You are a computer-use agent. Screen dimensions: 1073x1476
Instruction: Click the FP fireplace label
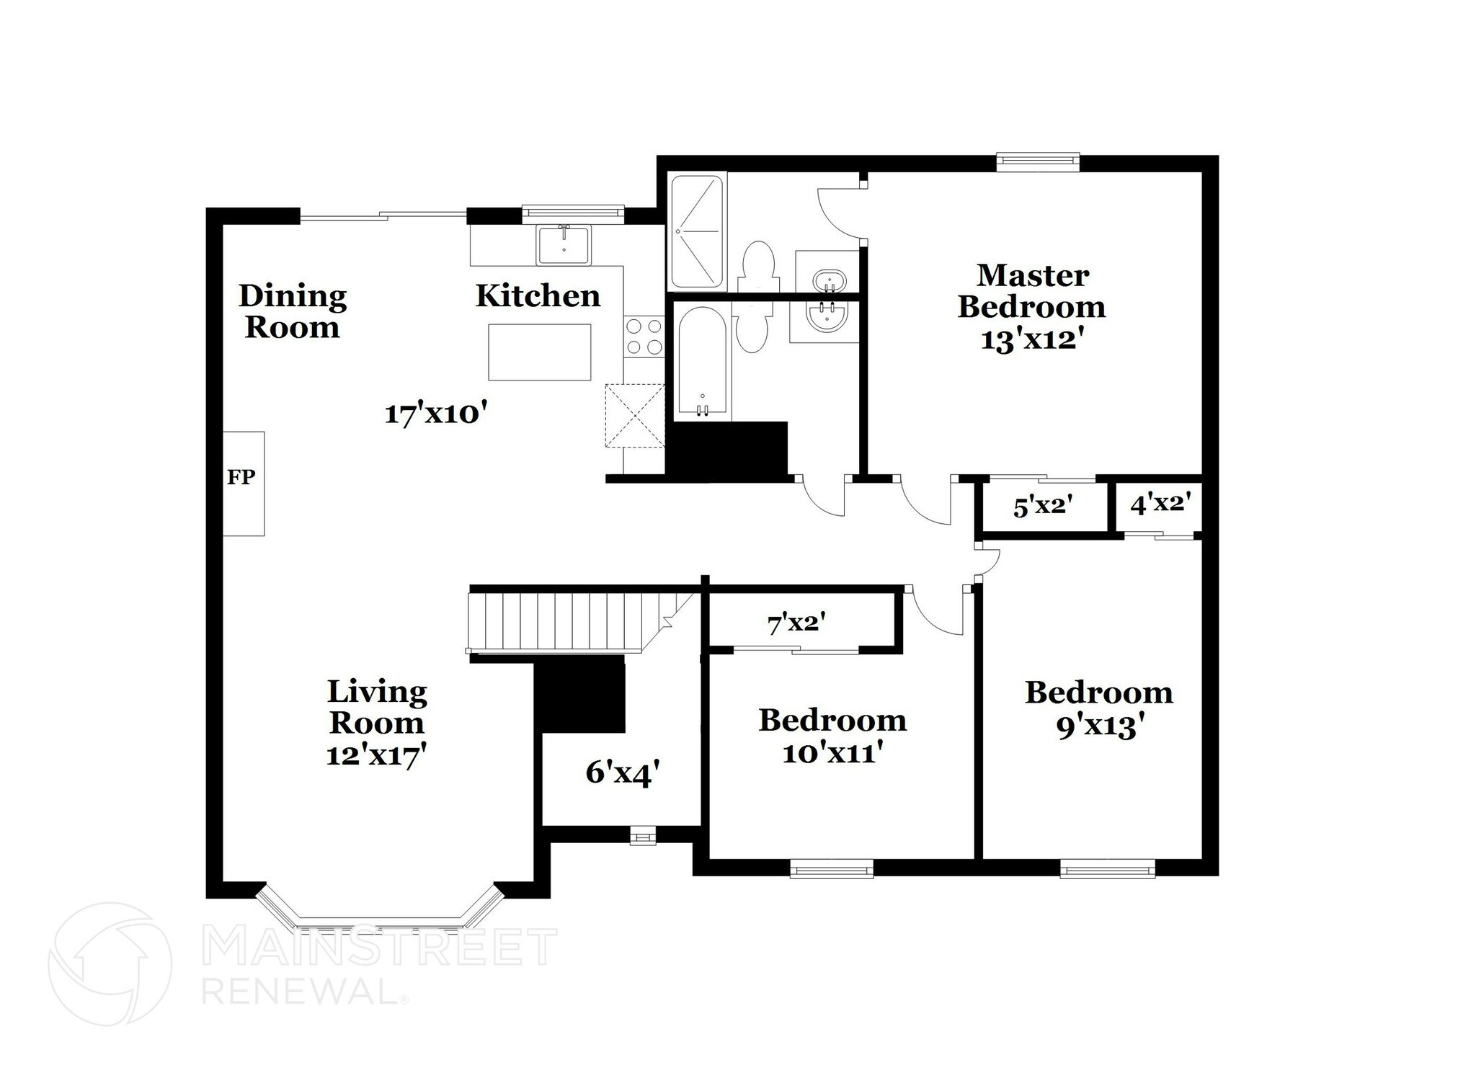tap(241, 477)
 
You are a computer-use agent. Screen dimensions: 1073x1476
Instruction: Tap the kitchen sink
tap(563, 245)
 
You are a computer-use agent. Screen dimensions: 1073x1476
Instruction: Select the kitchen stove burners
tap(644, 337)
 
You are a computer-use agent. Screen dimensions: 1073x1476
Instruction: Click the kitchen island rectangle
tap(540, 352)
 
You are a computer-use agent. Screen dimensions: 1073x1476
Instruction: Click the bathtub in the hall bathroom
tap(703, 363)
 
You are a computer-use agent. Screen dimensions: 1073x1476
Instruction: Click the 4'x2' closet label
tap(1160, 503)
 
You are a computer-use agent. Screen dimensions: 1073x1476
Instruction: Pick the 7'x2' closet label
tap(796, 623)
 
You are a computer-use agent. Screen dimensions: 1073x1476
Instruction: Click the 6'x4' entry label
tap(622, 773)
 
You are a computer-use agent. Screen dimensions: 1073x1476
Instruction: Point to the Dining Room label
tap(293, 311)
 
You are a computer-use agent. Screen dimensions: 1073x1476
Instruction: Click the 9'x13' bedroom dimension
tap(1100, 726)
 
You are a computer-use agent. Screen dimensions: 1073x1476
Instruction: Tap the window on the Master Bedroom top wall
tap(1038, 161)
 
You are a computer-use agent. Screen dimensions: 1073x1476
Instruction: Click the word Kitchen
tap(538, 296)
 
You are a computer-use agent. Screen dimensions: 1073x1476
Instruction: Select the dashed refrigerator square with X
tap(634, 416)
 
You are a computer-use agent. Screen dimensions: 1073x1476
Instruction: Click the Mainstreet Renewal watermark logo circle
tap(110, 964)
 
